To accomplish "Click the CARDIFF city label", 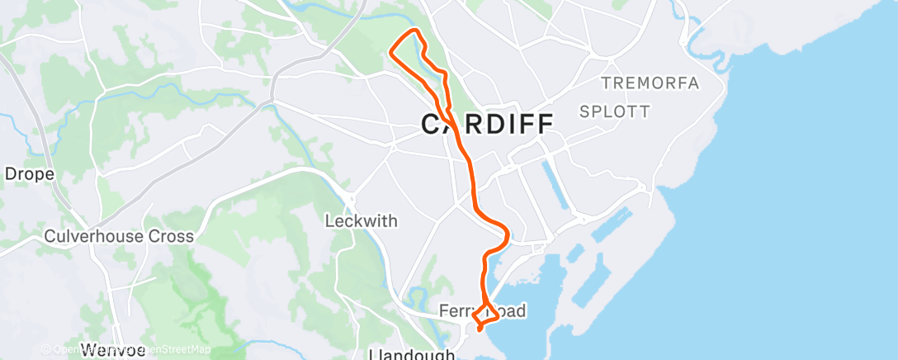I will tap(487, 124).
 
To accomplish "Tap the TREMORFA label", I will tap(650, 83).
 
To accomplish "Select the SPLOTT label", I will tap(614, 111).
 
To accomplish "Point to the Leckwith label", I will tap(362, 221).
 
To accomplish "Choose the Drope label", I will tap(30, 174).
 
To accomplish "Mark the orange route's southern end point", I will tap(480, 330).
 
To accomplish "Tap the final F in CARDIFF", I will tap(543, 124).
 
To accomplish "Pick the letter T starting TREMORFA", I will tap(605, 83).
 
